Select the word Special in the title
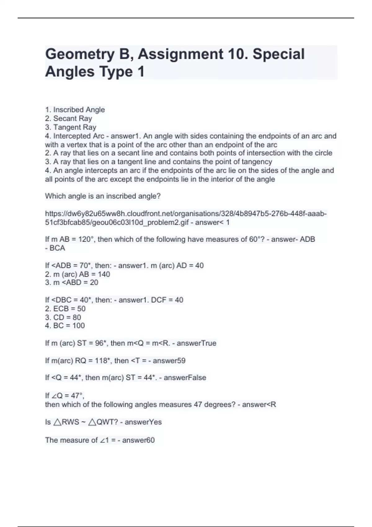point(279,54)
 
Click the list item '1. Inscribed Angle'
point(75,110)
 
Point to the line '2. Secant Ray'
point(69,118)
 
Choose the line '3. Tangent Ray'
point(71,127)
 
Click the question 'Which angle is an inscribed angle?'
point(103,196)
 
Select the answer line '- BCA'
point(55,248)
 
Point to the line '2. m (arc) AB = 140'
point(77,274)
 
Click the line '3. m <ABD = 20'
point(72,282)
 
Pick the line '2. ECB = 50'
point(65,309)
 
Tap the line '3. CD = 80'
point(63,317)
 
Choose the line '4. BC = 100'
point(65,325)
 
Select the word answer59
point(169,361)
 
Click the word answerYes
point(143,422)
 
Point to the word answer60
point(138,440)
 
